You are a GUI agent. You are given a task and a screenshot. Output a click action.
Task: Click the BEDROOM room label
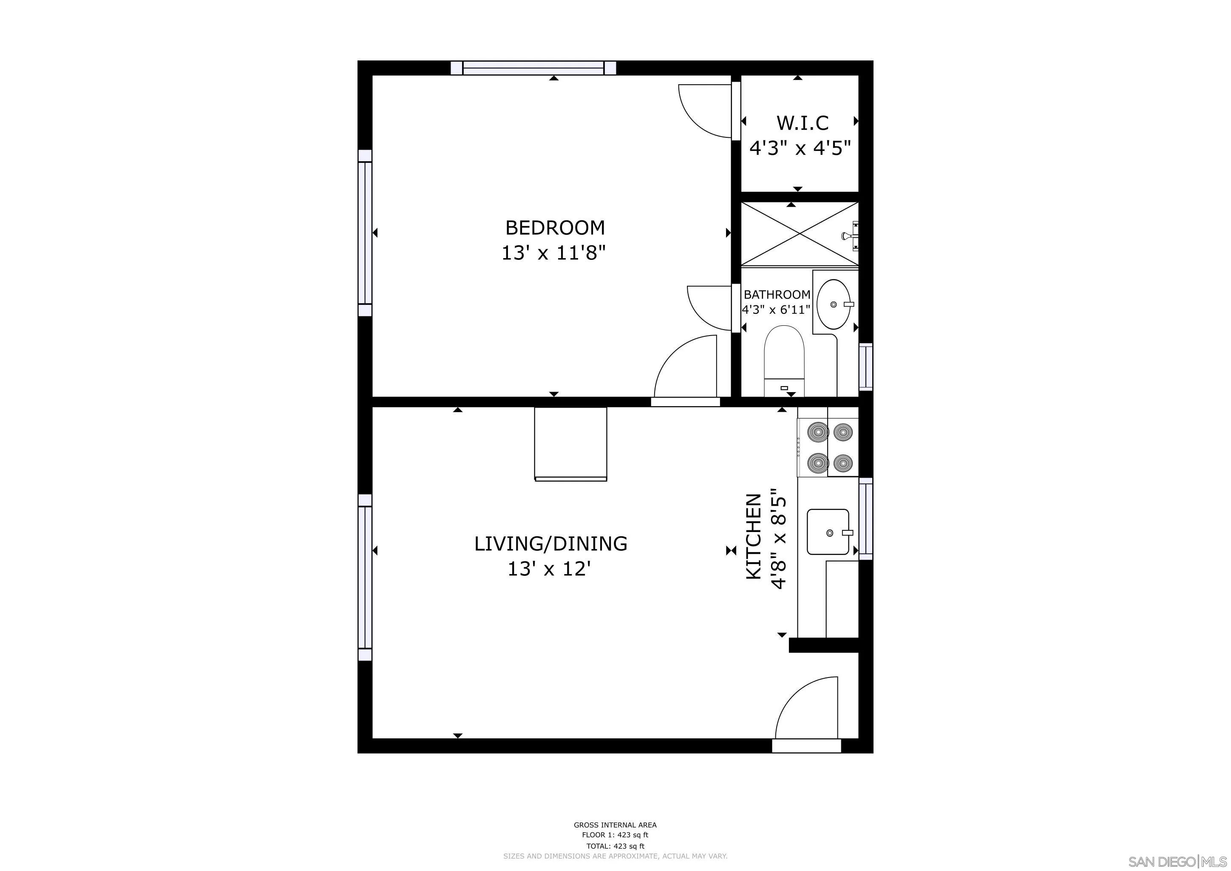point(555,228)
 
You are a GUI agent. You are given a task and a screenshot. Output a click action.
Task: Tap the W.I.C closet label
point(802,123)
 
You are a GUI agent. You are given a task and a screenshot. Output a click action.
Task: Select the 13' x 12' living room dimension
point(549,569)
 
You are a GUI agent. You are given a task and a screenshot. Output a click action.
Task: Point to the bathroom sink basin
point(833,304)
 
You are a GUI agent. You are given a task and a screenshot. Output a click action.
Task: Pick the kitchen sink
point(828,532)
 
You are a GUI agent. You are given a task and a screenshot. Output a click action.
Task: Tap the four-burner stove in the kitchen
point(828,446)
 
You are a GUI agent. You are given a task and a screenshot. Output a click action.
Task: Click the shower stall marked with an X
point(799,234)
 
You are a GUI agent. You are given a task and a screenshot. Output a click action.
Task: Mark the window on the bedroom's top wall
point(533,68)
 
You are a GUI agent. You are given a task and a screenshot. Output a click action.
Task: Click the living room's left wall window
point(365,577)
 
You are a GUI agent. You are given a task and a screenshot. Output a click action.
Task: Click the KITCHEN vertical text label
point(754,536)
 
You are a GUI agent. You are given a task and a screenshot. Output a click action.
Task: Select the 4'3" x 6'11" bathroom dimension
point(776,310)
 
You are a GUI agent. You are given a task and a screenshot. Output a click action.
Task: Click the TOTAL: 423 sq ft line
point(615,846)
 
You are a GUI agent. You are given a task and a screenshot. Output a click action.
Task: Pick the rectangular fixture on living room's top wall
point(570,444)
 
